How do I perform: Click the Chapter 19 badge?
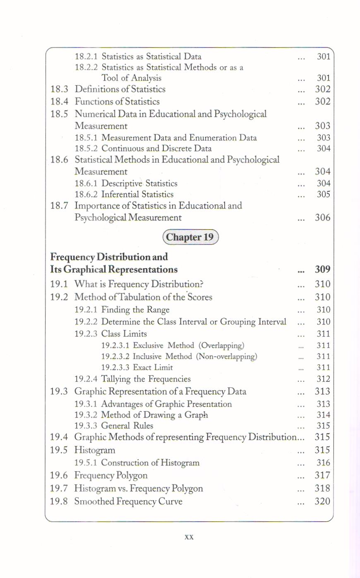(x=190, y=237)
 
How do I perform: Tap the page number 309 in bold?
(x=322, y=269)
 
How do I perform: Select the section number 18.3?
(x=59, y=89)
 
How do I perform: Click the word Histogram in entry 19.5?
(x=95, y=450)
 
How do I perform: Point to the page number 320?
(x=322, y=501)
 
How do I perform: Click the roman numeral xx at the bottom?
(x=189, y=537)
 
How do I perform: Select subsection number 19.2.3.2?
(x=115, y=356)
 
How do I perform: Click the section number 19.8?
(x=59, y=501)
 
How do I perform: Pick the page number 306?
(x=322, y=218)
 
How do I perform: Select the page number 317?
(x=322, y=475)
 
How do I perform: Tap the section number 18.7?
(x=59, y=206)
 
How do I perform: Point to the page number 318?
(x=322, y=488)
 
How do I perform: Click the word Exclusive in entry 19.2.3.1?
(x=148, y=345)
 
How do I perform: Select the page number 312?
(x=323, y=379)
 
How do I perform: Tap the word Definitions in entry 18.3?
(x=94, y=89)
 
